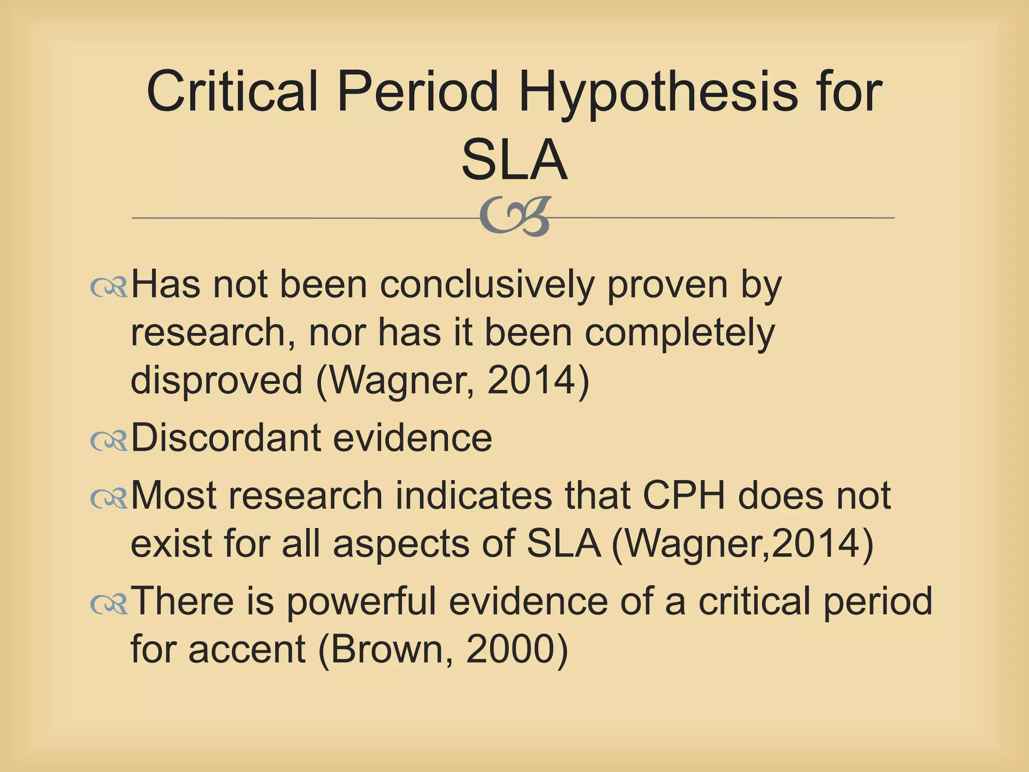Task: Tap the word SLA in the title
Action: pos(514,160)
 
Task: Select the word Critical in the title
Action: pos(232,92)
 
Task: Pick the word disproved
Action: pos(217,380)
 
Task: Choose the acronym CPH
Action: pos(684,496)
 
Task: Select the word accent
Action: pos(247,649)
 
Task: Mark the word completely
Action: pos(680,333)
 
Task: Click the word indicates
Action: pos(473,496)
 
